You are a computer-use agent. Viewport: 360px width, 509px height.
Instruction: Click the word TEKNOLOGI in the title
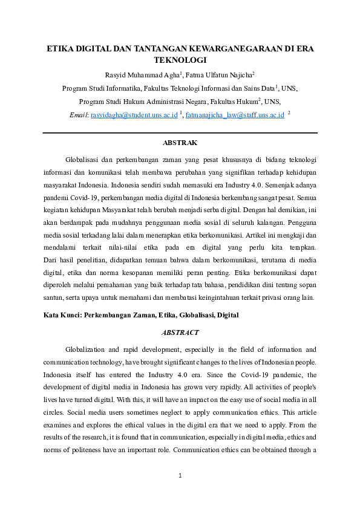pos(180,60)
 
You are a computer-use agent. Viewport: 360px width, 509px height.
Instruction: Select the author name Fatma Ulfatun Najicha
pos(219,75)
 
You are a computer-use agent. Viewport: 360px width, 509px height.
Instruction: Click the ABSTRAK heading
pos(180,143)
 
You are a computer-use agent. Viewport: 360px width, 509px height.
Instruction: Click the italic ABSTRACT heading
pos(180,332)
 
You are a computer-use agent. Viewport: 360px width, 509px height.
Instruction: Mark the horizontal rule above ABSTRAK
pos(180,132)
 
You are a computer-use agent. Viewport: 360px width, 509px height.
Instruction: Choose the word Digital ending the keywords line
pos(228,315)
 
